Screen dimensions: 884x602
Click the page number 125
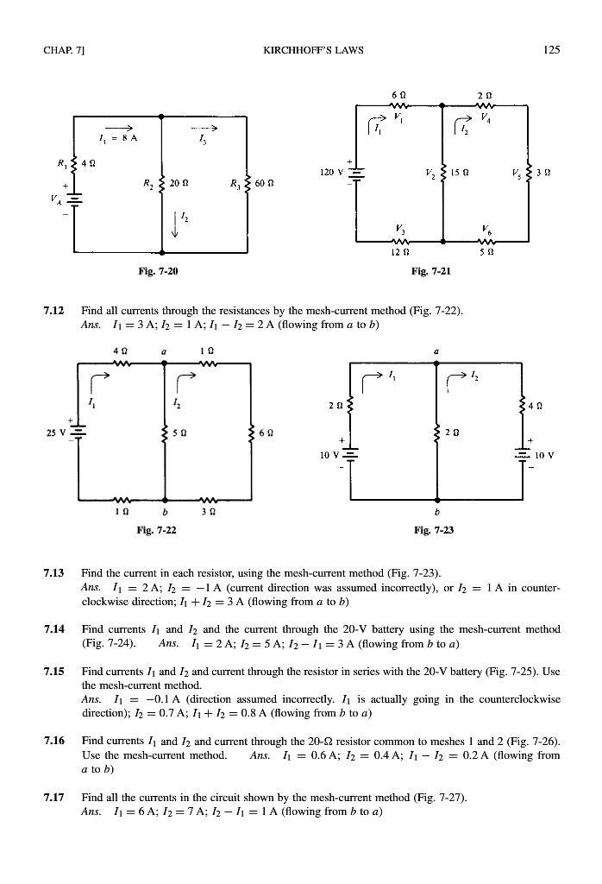[553, 50]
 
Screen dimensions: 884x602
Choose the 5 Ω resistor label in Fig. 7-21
[487, 253]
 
